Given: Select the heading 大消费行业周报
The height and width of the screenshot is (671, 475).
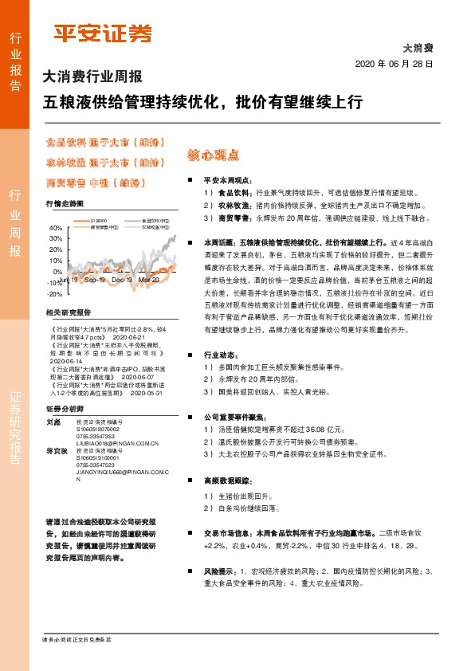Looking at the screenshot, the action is click(x=92, y=77).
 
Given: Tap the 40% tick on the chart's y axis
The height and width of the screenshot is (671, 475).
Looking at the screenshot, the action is click(x=56, y=227).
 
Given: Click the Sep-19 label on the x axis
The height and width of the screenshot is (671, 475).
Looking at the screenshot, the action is click(x=95, y=281).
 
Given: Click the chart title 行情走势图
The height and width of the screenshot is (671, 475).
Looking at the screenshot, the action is click(x=65, y=204).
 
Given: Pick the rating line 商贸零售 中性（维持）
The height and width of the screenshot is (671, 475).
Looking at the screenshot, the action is click(x=95, y=182).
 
